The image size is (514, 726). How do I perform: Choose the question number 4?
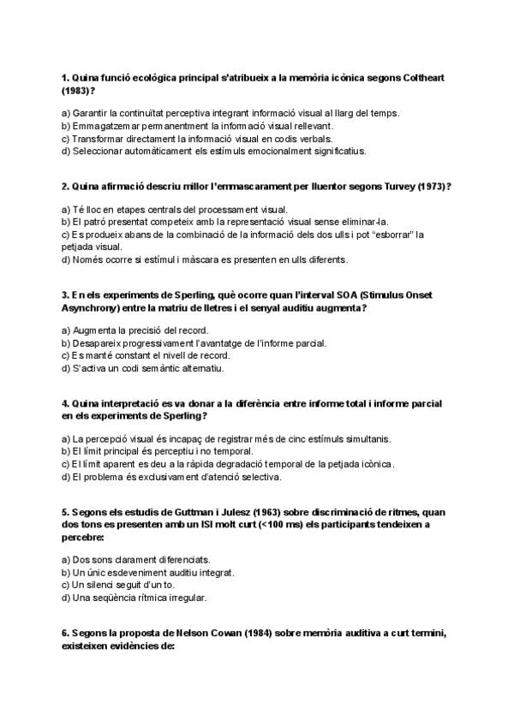point(66,402)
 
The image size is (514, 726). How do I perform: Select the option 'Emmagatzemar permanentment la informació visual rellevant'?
point(193,126)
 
